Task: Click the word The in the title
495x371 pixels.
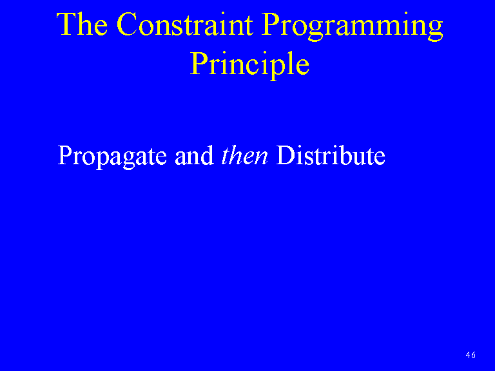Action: [x=82, y=24]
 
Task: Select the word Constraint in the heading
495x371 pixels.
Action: [x=185, y=24]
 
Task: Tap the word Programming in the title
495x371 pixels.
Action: [x=352, y=26]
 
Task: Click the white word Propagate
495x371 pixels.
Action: [x=112, y=157]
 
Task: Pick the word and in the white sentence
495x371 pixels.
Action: [x=194, y=155]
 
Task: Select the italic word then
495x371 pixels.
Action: [x=245, y=155]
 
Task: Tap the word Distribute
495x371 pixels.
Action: [x=331, y=155]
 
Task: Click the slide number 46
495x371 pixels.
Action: [x=471, y=355]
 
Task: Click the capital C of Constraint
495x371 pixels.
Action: [x=127, y=24]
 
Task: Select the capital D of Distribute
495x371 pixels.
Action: [x=286, y=155]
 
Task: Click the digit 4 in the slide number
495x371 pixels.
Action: [x=468, y=355]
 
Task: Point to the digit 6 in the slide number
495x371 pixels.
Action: [x=473, y=355]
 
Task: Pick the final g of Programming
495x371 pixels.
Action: [x=436, y=31]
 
